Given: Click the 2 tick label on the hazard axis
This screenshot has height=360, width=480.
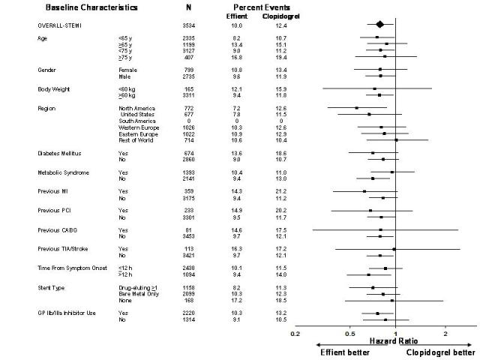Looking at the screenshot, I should (x=445, y=333).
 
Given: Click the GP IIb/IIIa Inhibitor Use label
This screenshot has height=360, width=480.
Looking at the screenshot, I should (x=66, y=312).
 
